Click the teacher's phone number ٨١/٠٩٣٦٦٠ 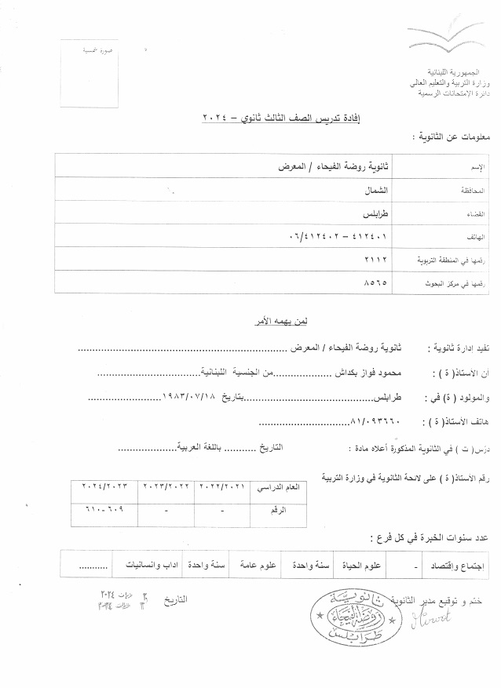(x=373, y=420)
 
